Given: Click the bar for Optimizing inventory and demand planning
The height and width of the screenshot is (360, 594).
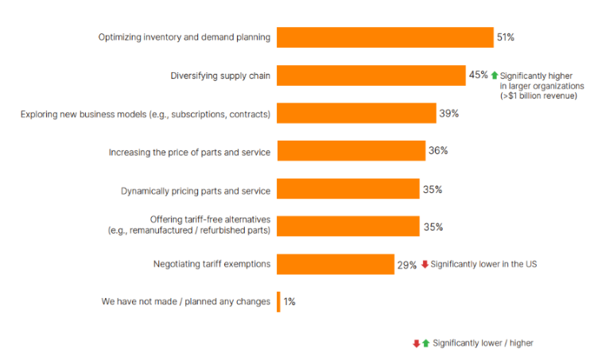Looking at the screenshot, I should click(385, 37).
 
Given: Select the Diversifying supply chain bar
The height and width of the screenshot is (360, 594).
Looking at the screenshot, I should click(371, 75).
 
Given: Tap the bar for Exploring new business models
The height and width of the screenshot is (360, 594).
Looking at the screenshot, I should click(356, 114).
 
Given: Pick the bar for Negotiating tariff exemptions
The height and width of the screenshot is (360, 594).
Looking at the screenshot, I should click(335, 265).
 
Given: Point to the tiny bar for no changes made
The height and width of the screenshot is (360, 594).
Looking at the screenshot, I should click(278, 302).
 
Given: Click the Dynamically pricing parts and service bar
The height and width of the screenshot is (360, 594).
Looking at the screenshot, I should click(347, 189).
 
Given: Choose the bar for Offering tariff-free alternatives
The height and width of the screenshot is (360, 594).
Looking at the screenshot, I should click(347, 226).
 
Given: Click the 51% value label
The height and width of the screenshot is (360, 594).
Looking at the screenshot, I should click(505, 37).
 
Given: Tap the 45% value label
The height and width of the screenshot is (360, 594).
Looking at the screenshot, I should click(478, 75).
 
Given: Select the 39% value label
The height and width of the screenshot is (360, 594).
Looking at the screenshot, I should click(448, 114).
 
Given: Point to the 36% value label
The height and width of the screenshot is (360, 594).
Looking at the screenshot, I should click(438, 150).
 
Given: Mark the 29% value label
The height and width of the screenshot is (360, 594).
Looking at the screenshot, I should click(406, 265).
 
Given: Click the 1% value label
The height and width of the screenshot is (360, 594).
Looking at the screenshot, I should click(289, 302).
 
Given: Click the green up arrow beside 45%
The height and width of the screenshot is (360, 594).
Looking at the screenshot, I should click(494, 75).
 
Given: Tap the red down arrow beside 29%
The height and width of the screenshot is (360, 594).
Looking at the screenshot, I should click(425, 264).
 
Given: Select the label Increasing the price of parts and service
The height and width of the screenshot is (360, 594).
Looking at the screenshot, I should click(189, 152).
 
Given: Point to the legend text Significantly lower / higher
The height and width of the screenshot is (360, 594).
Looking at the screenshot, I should click(483, 343).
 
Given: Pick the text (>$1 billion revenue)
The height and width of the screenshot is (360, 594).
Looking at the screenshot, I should click(538, 95).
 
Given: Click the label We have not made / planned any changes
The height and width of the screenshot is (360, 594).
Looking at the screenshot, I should click(185, 302).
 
